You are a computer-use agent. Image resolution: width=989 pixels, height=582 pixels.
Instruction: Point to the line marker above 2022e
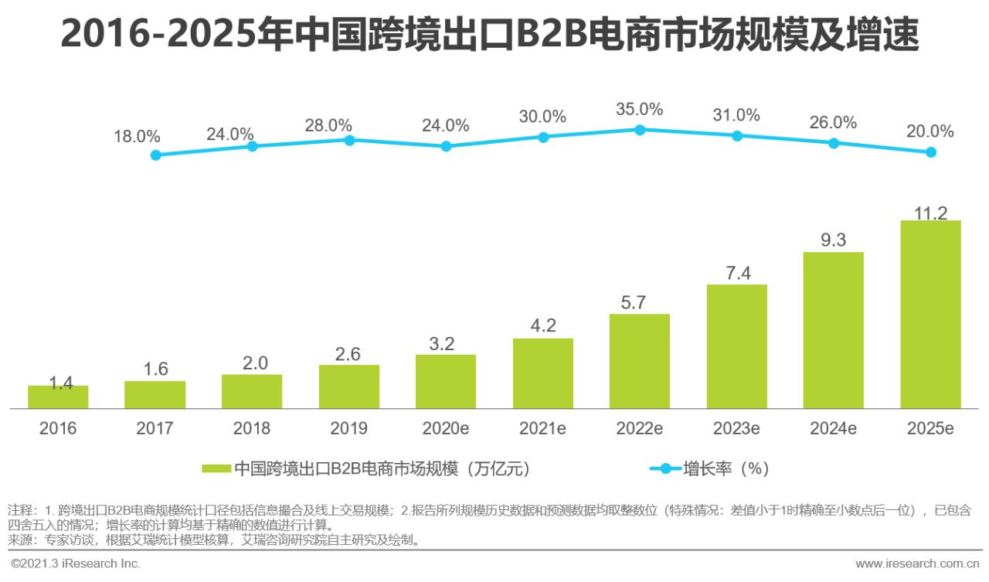[x=640, y=130]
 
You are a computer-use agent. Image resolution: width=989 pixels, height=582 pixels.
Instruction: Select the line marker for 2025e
[x=931, y=152]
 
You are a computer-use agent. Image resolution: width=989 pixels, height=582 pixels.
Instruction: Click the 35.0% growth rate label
[x=640, y=109]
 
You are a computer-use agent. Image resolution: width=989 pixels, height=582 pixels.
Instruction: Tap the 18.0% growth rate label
[x=137, y=137]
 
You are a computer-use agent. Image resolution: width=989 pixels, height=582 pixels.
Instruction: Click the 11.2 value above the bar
[x=930, y=213]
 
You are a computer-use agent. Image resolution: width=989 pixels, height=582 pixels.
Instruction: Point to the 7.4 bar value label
[x=736, y=273]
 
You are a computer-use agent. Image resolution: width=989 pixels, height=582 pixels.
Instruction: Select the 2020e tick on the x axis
[x=446, y=428]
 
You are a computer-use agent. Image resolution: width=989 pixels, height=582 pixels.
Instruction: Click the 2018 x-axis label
[x=252, y=428]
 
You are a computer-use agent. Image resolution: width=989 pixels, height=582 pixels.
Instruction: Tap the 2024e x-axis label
[x=834, y=428]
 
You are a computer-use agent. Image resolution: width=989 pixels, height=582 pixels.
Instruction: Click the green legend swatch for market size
[x=216, y=468]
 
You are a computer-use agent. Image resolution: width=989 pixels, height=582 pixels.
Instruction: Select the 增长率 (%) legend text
[x=726, y=468]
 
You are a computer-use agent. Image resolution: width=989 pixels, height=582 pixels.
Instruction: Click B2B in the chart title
[x=545, y=36]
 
